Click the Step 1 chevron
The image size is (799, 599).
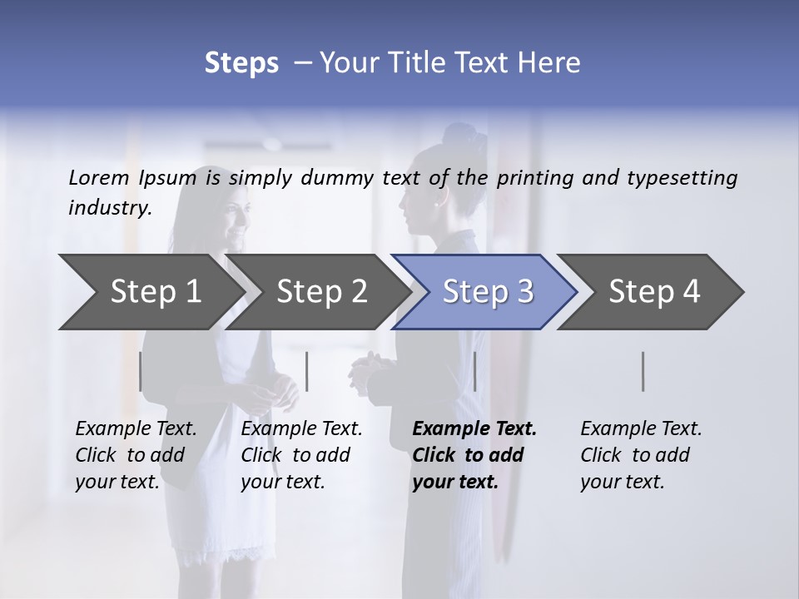coord(155,291)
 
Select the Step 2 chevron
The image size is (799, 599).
coord(321,291)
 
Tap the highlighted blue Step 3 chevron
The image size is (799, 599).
coord(488,291)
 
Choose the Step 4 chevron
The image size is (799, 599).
coord(654,291)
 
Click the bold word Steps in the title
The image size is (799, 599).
coord(241,62)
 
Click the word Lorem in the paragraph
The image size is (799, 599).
coord(99,177)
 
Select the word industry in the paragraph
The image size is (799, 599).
coord(109,208)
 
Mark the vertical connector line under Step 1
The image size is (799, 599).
coord(141,371)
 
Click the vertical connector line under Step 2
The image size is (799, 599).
coord(307,371)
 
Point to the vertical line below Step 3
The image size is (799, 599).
coord(474,371)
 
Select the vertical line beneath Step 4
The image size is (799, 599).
coord(643,371)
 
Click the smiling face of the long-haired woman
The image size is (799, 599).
coord(235,220)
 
